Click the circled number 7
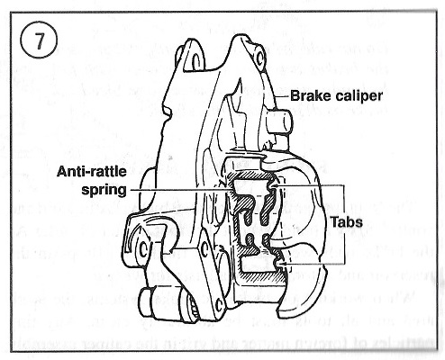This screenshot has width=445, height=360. click(x=39, y=40)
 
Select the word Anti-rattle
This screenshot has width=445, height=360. click(x=92, y=172)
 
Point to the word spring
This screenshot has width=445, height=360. click(x=104, y=190)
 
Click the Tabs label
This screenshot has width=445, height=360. click(x=346, y=222)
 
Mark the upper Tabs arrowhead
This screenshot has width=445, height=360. click(x=274, y=186)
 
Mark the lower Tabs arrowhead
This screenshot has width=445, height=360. click(x=282, y=264)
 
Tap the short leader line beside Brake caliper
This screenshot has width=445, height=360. click(x=282, y=96)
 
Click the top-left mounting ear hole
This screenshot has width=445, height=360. click(x=195, y=62)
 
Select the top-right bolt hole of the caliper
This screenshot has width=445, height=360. click(x=259, y=57)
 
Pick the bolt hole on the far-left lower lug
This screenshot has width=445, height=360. click(x=143, y=248)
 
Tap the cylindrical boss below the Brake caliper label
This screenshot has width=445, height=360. click(x=279, y=121)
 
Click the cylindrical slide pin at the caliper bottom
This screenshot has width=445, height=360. click(x=162, y=304)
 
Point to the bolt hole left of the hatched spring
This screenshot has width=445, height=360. click(x=205, y=249)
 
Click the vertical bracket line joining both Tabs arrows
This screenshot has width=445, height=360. click(x=344, y=224)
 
